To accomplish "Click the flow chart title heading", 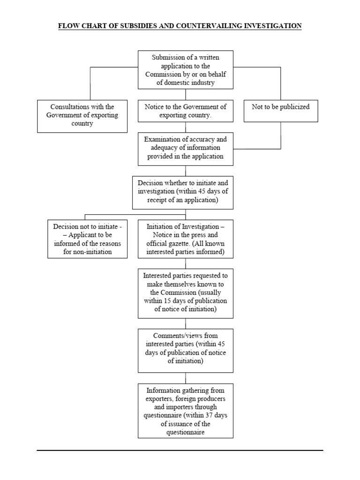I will pyautogui.click(x=180, y=26).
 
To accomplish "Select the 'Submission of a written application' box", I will pyautogui.click(x=186, y=70).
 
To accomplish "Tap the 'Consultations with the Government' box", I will pyautogui.click(x=82, y=115).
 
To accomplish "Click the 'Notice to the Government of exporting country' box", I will pyautogui.click(x=186, y=111).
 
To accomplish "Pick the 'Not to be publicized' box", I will pyautogui.click(x=280, y=111).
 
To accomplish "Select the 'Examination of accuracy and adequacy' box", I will pyautogui.click(x=186, y=148).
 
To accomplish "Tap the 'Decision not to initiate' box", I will pyautogui.click(x=88, y=239).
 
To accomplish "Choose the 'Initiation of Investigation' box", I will pyautogui.click(x=186, y=239).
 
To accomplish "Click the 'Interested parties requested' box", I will pyautogui.click(x=186, y=293).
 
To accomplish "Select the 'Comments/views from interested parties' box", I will pyautogui.click(x=186, y=350).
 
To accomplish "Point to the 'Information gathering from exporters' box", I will pyautogui.click(x=186, y=411).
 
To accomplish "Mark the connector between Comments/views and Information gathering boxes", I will pyautogui.click(x=186, y=378).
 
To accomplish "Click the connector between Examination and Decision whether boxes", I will pyautogui.click(x=186, y=171).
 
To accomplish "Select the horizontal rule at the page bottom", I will pyautogui.click(x=180, y=450).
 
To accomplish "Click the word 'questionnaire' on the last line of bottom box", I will pyautogui.click(x=186, y=432).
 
